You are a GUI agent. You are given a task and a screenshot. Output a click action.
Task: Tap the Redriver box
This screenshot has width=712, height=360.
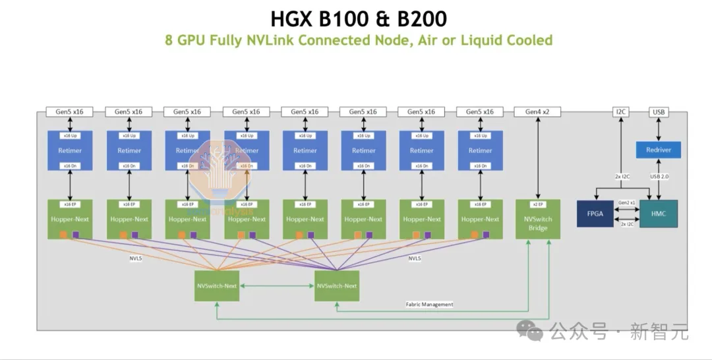(658, 150)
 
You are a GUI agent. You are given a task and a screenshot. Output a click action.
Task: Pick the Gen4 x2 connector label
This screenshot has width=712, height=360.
(537, 112)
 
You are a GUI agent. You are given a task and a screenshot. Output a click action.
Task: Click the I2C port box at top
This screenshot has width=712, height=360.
(620, 112)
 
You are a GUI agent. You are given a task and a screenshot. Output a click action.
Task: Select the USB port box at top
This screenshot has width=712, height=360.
(658, 112)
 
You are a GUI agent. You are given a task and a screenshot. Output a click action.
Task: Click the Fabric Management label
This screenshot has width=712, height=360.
(429, 305)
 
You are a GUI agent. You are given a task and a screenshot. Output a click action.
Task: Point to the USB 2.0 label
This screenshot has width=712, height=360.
(658, 175)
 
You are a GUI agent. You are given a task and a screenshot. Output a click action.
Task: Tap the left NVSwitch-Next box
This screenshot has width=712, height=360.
(216, 286)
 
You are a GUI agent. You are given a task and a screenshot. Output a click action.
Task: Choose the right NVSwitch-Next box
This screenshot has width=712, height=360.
(336, 286)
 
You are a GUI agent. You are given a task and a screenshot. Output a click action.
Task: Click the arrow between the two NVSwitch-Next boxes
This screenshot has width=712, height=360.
(276, 286)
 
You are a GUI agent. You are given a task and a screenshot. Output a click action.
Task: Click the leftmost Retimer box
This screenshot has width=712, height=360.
(70, 150)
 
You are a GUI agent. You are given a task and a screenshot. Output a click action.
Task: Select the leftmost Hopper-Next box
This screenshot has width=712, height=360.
(70, 220)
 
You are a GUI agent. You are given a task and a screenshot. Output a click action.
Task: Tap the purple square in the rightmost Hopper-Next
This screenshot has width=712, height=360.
(486, 234)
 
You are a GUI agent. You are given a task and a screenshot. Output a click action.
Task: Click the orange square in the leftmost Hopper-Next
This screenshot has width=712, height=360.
(63, 235)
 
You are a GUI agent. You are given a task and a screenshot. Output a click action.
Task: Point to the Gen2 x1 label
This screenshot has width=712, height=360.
(626, 203)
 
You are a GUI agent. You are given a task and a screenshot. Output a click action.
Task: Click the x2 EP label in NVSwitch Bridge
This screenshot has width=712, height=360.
(537, 204)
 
